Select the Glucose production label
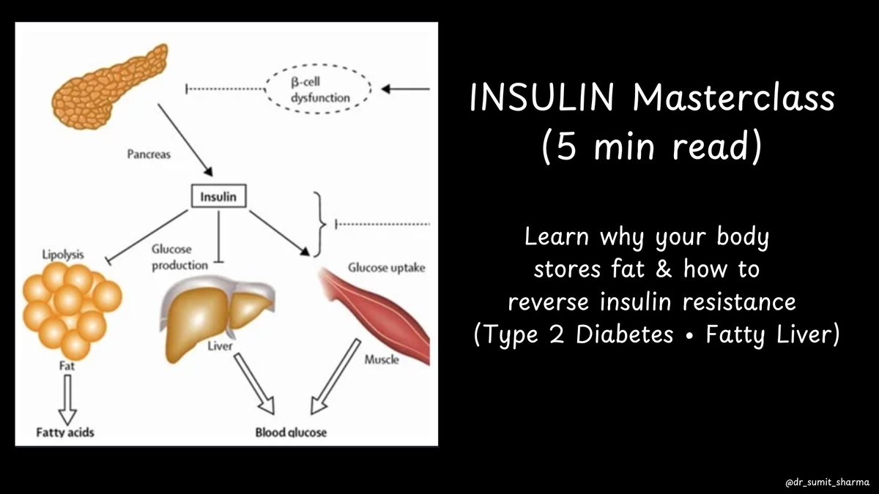[x=180, y=258]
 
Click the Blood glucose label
[x=291, y=432]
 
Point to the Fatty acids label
[x=65, y=432]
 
